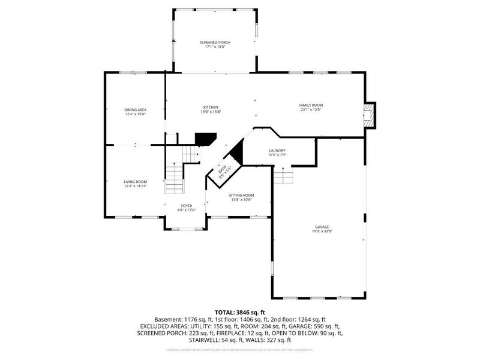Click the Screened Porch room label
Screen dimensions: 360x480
(x=215, y=43)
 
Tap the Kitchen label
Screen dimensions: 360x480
(x=210, y=107)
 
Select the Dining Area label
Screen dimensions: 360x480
(x=136, y=109)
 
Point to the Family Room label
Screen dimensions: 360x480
(x=311, y=105)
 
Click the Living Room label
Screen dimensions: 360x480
(x=136, y=181)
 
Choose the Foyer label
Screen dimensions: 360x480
(x=187, y=205)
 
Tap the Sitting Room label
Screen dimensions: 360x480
(x=242, y=195)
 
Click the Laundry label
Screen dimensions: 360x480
(x=277, y=151)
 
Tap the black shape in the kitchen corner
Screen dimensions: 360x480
(x=205, y=139)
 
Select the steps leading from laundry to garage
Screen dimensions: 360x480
(x=282, y=176)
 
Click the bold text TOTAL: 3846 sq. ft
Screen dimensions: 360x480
(x=240, y=313)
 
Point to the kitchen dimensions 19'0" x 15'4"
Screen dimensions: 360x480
(x=210, y=112)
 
